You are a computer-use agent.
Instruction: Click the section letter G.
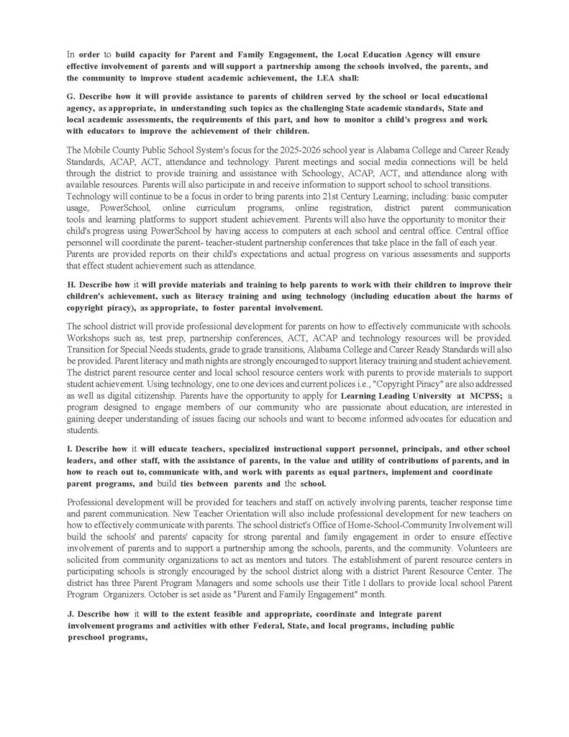[x=70, y=96]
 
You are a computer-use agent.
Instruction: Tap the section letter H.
[x=70, y=285]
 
